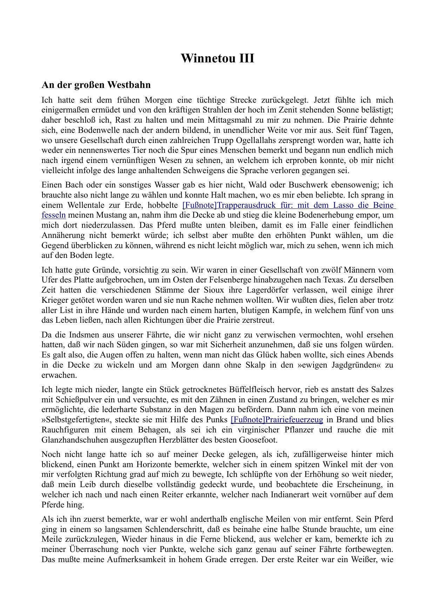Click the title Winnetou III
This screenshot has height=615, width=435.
pyautogui.click(x=217, y=58)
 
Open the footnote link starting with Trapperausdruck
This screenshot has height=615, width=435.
pyautogui.click(x=288, y=205)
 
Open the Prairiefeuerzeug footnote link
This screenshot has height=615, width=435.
pyautogui.click(x=277, y=419)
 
